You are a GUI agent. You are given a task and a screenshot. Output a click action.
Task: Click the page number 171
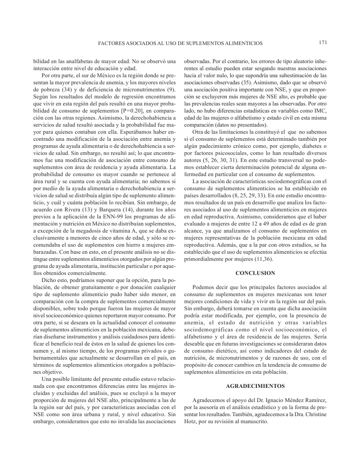322,43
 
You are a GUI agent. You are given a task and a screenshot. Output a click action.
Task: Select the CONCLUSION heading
255,273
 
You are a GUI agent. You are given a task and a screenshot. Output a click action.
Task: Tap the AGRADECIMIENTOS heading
255,386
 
